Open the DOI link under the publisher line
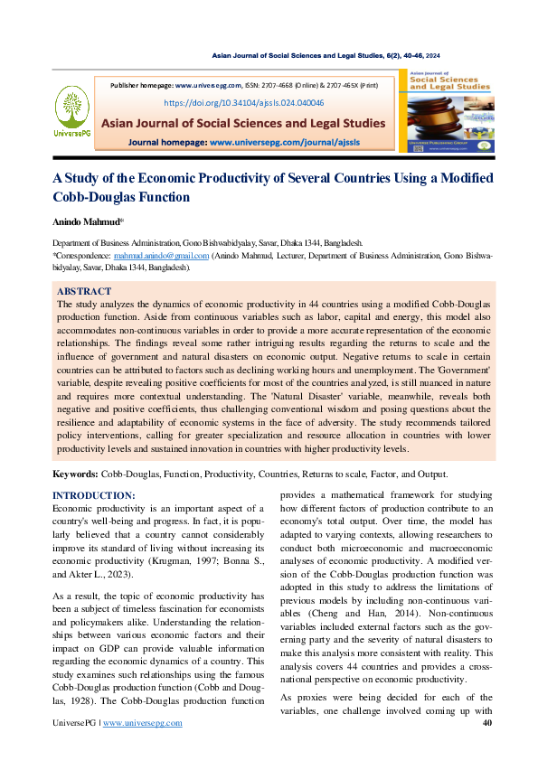tap(243, 103)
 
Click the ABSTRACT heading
tap(84, 292)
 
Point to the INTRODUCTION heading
tap(94, 495)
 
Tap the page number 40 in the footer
tap(487, 723)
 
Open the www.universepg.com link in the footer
tap(143, 723)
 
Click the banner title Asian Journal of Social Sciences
tap(243, 123)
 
